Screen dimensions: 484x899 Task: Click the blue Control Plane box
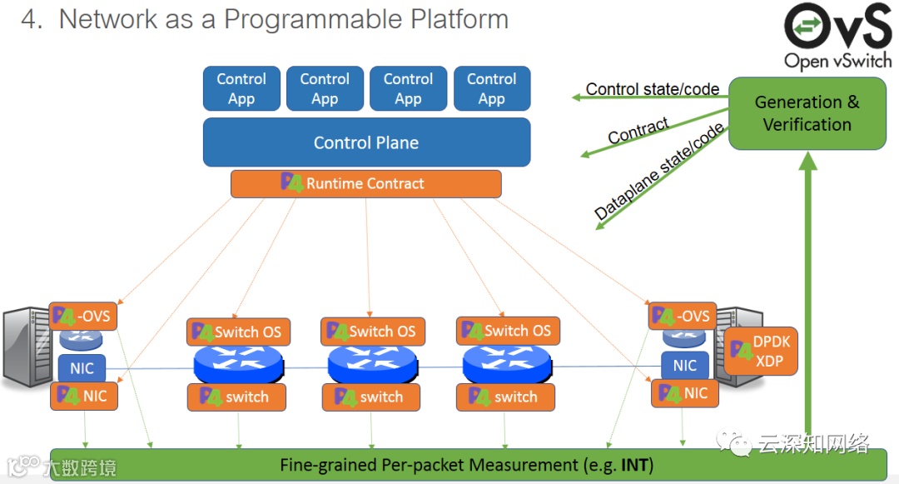pos(366,142)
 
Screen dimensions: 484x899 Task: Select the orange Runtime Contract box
pos(366,183)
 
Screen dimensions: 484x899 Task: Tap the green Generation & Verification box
pos(807,113)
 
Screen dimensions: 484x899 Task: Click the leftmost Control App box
pos(241,88)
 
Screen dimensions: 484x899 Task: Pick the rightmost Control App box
pos(491,88)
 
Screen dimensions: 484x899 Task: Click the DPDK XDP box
pos(761,352)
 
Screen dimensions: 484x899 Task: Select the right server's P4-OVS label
pos(682,316)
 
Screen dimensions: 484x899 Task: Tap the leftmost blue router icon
pos(238,365)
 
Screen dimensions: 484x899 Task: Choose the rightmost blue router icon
pos(507,365)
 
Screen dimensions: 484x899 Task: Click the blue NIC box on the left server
pos(82,367)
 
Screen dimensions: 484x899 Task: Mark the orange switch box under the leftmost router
pos(236,397)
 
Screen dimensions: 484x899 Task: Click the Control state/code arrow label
pos(652,89)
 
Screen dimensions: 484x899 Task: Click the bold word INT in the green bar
pos(637,465)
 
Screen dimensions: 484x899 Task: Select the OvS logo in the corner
pos(837,35)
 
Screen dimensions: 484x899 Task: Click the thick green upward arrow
pos(807,292)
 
